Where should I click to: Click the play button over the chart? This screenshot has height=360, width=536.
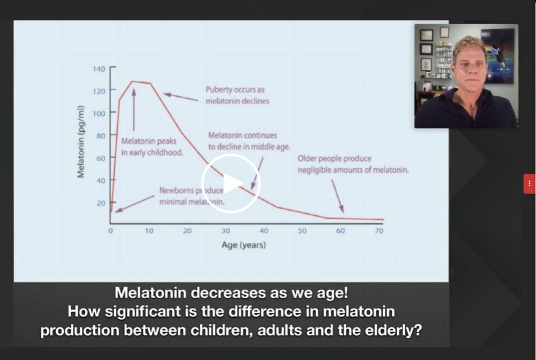[231, 184]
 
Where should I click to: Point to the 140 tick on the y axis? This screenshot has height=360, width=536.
[99, 69]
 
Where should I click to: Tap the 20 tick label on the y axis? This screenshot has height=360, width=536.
[101, 203]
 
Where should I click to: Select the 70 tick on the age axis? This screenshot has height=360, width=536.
[379, 231]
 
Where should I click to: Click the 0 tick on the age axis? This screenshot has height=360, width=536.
[110, 231]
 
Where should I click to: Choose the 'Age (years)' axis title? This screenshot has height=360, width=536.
[243, 245]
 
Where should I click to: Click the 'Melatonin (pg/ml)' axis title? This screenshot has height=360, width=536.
[81, 141]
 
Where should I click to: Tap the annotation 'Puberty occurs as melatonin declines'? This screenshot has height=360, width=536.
[237, 95]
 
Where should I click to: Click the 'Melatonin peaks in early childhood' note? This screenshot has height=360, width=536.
[152, 147]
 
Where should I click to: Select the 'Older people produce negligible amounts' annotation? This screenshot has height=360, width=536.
[353, 164]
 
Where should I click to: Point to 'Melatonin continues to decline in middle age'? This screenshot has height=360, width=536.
[249, 141]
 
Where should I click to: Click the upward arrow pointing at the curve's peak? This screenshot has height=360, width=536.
[133, 109]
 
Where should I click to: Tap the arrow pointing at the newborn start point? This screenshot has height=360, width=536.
[135, 204]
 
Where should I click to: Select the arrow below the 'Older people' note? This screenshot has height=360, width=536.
[338, 196]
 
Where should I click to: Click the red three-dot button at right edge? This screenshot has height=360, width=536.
[529, 184]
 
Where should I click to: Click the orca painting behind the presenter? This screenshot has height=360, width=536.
[498, 55]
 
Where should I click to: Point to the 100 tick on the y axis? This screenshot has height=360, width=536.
[99, 114]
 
